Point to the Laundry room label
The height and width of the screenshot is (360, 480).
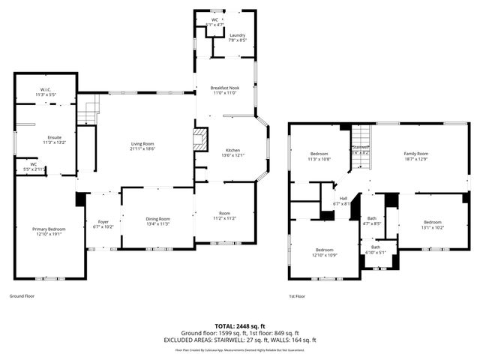click(238, 35)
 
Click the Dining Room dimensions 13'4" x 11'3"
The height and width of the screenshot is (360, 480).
click(157, 223)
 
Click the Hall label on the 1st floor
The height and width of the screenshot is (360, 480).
click(343, 199)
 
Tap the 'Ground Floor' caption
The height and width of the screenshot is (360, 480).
click(22, 296)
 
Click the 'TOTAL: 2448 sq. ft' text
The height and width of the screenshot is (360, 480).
click(240, 326)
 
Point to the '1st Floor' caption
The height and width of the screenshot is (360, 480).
click(297, 296)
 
